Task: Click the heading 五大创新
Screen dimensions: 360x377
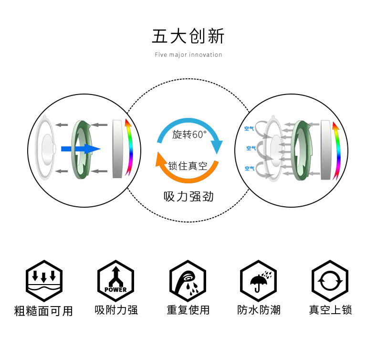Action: click(188, 36)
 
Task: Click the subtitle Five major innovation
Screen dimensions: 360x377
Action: click(188, 55)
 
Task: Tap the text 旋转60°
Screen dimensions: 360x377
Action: click(189, 135)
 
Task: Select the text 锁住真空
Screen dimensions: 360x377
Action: click(188, 166)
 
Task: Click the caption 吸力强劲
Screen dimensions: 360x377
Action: click(188, 197)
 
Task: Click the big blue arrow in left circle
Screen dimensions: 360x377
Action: click(81, 149)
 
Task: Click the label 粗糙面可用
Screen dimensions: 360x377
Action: click(43, 311)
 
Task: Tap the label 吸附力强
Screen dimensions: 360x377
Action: click(116, 310)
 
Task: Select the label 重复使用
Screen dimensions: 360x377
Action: click(188, 310)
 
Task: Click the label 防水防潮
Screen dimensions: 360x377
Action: click(259, 310)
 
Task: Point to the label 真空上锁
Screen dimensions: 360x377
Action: click(330, 310)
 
